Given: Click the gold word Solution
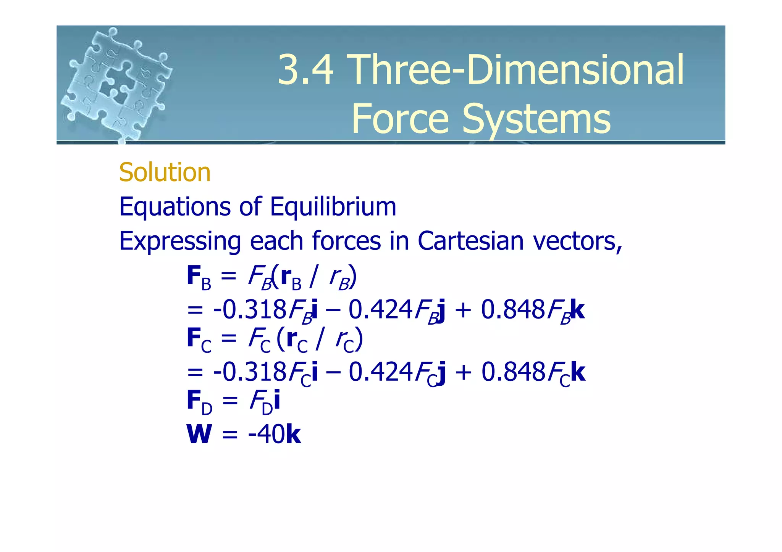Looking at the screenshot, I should [165, 172].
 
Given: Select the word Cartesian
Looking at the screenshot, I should [470, 241].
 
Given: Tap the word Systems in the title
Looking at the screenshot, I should [536, 119].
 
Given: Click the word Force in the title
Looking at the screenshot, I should [400, 119].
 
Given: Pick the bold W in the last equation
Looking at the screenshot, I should [199, 434].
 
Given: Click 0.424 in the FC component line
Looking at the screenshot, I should [381, 372].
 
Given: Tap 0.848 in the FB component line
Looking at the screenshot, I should [512, 309].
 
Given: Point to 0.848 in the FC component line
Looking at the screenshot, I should [513, 372].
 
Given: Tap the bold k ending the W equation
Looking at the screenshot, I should [293, 434].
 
